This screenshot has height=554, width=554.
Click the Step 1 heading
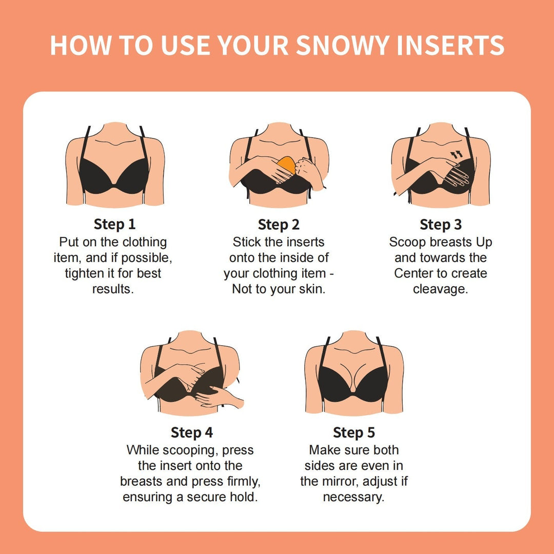point(115,224)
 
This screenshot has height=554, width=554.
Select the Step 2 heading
point(279,224)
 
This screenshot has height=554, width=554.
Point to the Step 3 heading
point(441,224)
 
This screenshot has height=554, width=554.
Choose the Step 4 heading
point(191,432)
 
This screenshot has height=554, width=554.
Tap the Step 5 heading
point(354,432)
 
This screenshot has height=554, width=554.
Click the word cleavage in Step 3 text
point(440,289)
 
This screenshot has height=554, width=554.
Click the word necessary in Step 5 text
point(353,498)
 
